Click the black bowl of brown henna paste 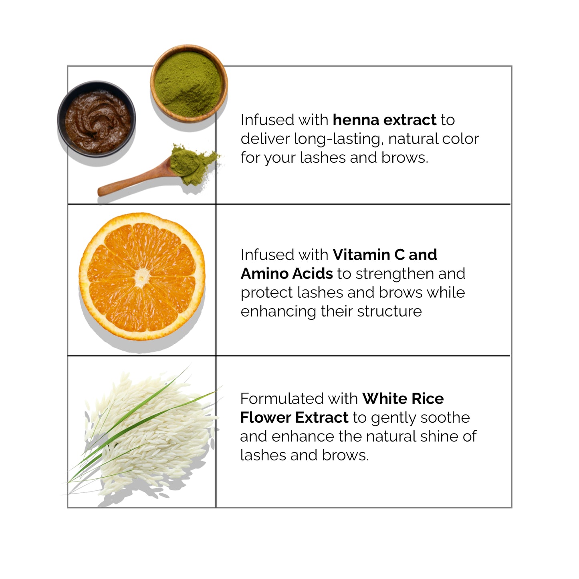coord(97,119)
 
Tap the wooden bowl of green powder coord(189,83)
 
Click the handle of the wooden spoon coord(132,181)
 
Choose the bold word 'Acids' coord(313,274)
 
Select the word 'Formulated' coord(282,399)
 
